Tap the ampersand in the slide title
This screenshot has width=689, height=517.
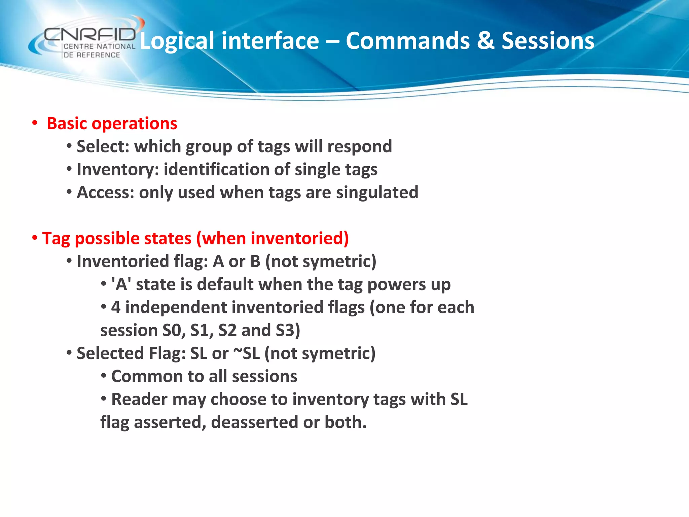click(485, 41)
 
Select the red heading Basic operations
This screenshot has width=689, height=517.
click(112, 124)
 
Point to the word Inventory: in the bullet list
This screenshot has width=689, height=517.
click(118, 169)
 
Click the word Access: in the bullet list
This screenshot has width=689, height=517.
click(106, 193)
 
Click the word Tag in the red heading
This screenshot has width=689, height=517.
click(56, 239)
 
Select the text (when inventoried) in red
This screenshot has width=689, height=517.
click(273, 238)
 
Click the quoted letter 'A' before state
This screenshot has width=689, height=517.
click(121, 284)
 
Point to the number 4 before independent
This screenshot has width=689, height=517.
click(116, 307)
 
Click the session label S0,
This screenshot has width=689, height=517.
click(174, 330)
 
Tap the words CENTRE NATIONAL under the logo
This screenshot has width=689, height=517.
click(99, 46)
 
